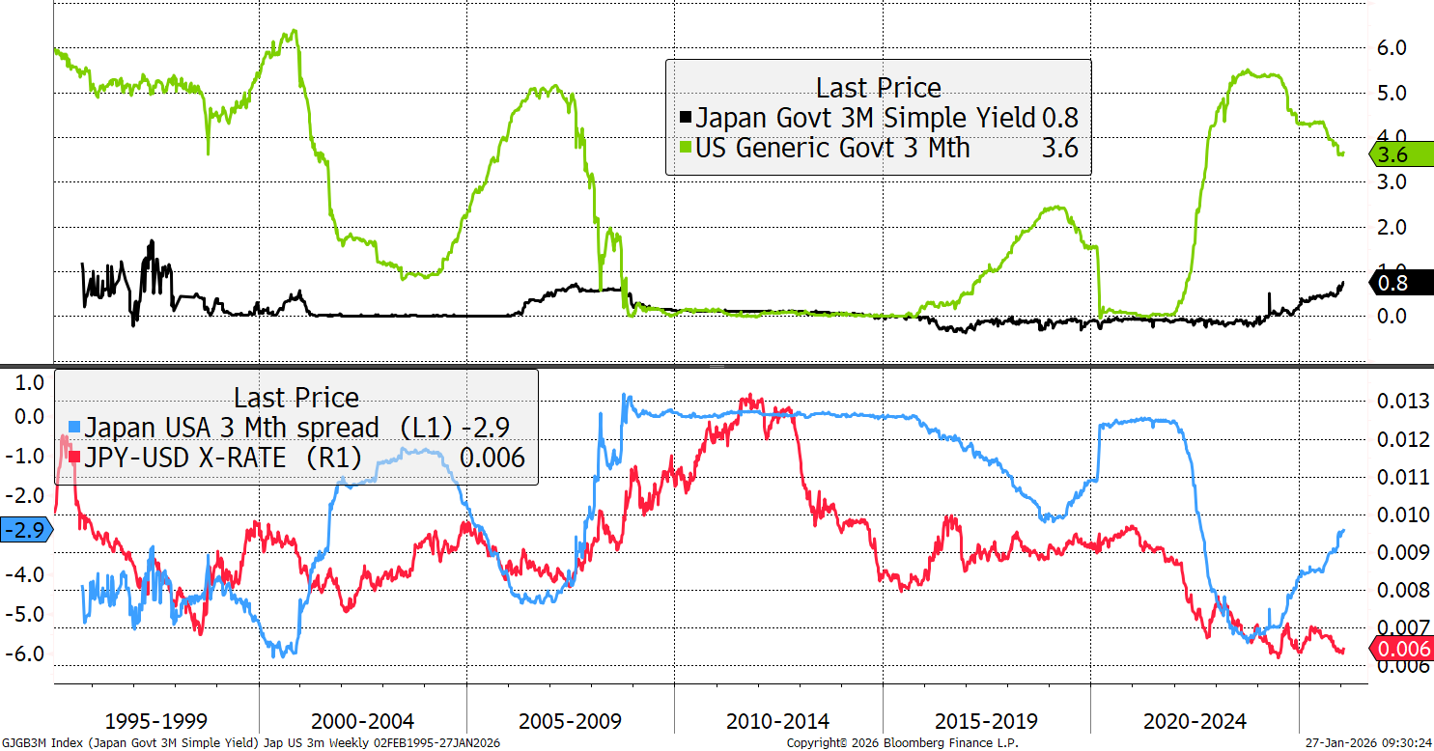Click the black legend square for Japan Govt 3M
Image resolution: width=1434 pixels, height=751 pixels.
tap(685, 119)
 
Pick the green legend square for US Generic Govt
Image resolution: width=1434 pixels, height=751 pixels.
tap(685, 149)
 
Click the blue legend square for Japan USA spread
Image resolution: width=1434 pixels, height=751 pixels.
tap(73, 427)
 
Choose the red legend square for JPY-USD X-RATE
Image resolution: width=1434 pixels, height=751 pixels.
tap(73, 458)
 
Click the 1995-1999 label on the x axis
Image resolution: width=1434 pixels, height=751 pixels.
tap(156, 721)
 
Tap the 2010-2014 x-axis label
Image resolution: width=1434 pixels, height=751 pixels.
tap(778, 721)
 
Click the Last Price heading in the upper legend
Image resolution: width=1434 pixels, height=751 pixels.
tap(878, 88)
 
